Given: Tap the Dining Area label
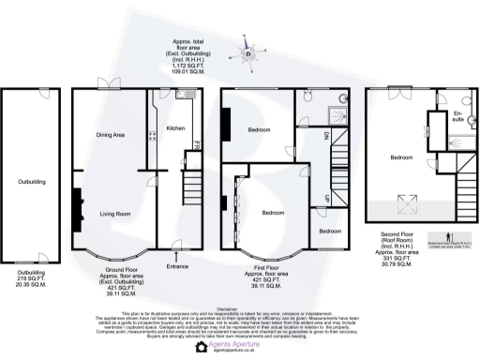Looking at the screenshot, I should click(111, 135).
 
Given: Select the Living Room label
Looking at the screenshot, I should click(115, 213).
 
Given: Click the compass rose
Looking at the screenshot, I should click(248, 53).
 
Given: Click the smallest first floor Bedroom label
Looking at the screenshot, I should click(330, 231).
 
